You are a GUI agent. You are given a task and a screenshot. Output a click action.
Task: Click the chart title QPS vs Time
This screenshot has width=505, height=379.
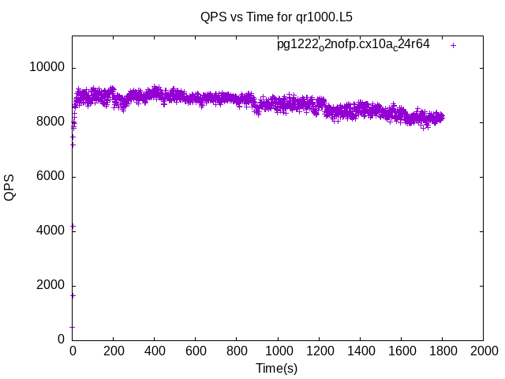coord(276,16)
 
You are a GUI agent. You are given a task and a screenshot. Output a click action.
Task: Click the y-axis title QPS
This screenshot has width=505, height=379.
coord(10,187)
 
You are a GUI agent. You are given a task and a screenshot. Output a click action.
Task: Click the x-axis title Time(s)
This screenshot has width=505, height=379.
coord(276,368)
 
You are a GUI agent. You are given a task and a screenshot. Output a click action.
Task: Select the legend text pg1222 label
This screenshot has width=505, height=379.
coord(353,45)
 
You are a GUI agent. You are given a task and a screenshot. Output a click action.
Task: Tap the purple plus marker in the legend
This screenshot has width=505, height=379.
coord(454,45)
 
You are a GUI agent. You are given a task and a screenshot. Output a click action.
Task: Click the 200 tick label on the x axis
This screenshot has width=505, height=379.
coord(114,351)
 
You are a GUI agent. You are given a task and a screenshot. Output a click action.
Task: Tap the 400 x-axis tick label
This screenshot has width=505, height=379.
coord(155,351)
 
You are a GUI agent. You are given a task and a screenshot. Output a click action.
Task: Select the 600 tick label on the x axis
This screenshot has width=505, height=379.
coord(196,351)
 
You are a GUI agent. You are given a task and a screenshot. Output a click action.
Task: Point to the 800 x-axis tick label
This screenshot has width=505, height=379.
coord(237,351)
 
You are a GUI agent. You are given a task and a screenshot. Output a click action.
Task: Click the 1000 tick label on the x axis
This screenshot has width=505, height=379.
coord(278,351)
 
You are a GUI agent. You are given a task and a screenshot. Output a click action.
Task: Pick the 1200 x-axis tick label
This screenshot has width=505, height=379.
coord(319,351)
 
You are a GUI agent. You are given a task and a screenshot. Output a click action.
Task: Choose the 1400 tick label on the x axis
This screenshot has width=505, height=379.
coord(360,351)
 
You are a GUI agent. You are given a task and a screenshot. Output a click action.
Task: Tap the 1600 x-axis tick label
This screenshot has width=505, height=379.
coord(401,351)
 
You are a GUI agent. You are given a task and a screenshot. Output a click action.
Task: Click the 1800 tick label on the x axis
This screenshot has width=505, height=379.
coord(442,351)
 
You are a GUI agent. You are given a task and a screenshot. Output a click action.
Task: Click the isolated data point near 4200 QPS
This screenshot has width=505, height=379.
coord(73,227)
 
